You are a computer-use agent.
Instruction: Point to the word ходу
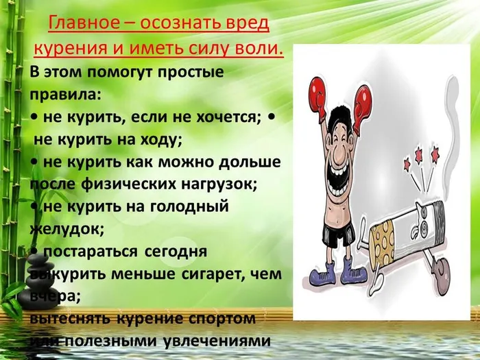160,139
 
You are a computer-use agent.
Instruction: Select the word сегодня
174,252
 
